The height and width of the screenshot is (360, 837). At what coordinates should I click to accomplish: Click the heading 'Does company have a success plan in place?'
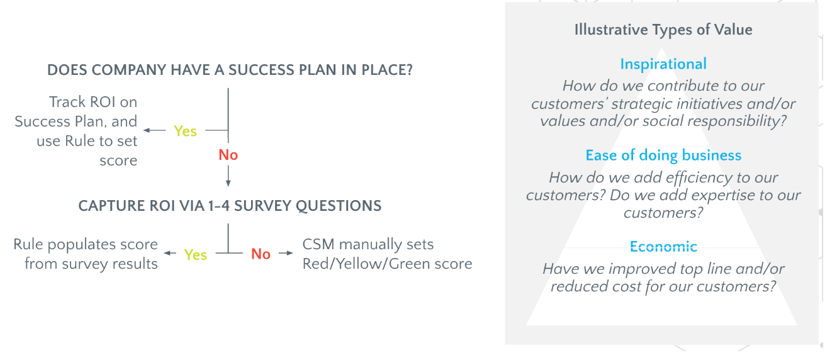[x=230, y=70]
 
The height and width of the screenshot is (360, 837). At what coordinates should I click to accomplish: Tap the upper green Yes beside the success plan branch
[x=185, y=131]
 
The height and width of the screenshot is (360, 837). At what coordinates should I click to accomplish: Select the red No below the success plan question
[x=228, y=155]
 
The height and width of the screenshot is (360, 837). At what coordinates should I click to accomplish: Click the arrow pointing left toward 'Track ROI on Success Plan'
[x=155, y=130]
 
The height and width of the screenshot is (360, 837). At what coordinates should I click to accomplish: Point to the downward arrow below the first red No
[x=228, y=176]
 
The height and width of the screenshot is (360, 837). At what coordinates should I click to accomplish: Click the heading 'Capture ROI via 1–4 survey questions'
[x=230, y=206]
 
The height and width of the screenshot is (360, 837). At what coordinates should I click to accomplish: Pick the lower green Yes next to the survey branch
[x=196, y=255]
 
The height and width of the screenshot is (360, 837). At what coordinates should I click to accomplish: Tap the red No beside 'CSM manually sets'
[x=261, y=254]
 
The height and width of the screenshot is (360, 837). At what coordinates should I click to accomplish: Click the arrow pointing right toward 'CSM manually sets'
[x=286, y=253]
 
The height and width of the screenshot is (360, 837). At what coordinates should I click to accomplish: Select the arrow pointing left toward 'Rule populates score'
[x=170, y=253]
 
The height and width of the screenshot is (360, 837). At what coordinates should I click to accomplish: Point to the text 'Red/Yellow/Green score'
[x=387, y=264]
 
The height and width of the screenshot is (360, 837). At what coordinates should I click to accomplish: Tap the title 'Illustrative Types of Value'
[x=663, y=30]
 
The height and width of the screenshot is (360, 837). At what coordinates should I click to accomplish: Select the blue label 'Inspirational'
[x=663, y=64]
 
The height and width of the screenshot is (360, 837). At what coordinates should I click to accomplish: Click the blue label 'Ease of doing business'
[x=663, y=155]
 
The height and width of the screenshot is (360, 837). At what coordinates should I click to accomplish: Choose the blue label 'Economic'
[x=663, y=247]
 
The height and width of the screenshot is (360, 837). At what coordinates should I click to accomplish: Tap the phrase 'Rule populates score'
[x=86, y=244]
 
